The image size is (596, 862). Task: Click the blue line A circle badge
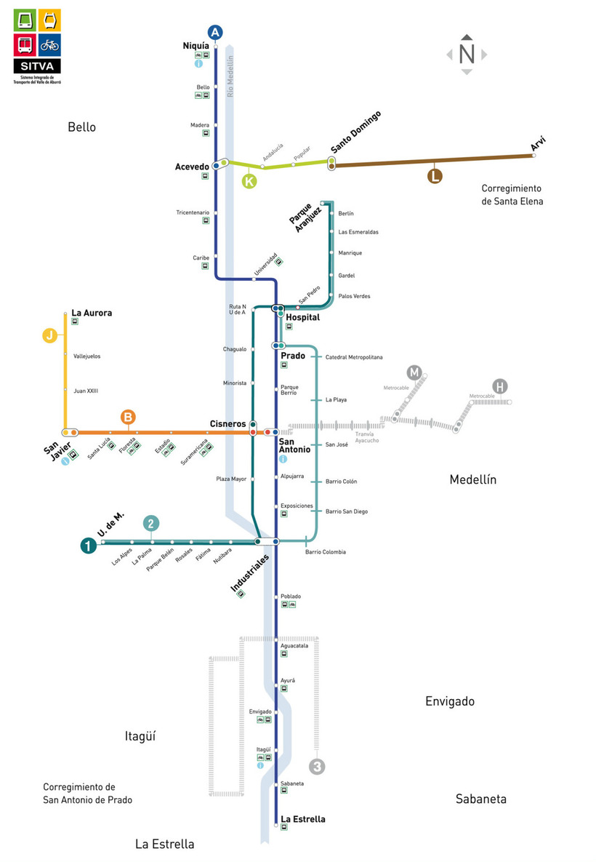tap(215, 32)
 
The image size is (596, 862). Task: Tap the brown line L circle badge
tap(435, 175)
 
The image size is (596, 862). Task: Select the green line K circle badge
tap(249, 181)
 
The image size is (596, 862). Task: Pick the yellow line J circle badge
tap(49, 335)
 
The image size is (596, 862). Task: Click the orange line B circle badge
tap(128, 418)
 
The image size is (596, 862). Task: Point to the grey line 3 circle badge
tap(317, 766)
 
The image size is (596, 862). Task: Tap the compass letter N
tap(467, 54)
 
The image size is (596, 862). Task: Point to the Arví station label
tap(538, 144)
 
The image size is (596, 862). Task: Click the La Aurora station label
tap(92, 313)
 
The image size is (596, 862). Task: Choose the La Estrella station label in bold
tap(303, 819)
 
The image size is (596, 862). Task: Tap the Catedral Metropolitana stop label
tap(354, 357)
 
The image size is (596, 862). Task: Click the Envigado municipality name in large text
tap(449, 701)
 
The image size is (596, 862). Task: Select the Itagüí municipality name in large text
tap(140, 736)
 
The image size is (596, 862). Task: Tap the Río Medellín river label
tap(231, 76)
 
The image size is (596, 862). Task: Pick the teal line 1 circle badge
tap(89, 545)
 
